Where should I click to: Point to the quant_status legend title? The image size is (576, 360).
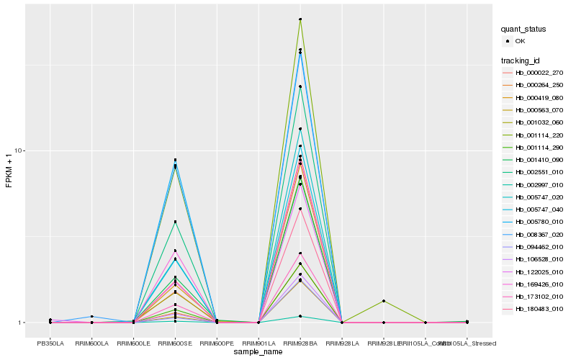pos(523,29)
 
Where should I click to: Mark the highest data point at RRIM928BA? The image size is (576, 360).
pos(300,19)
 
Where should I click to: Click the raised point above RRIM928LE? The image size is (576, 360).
pos(384,301)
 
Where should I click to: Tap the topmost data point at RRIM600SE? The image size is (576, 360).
pos(175,160)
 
